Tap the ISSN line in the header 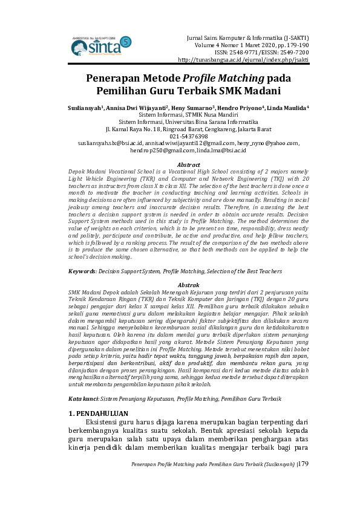[x=262, y=52]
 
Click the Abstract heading [x=188, y=164]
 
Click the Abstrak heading [x=188, y=284]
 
